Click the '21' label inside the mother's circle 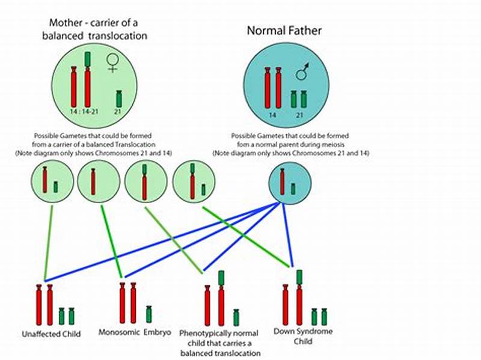point(119,112)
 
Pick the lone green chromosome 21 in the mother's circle point(119,99)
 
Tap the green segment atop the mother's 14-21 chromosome point(88,59)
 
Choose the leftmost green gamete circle point(49,182)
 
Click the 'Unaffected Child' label point(52,333)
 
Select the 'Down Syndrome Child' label point(303,335)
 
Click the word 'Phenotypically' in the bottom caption point(206,333)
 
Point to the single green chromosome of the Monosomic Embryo point(149,314)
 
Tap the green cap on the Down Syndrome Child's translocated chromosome point(299,276)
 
